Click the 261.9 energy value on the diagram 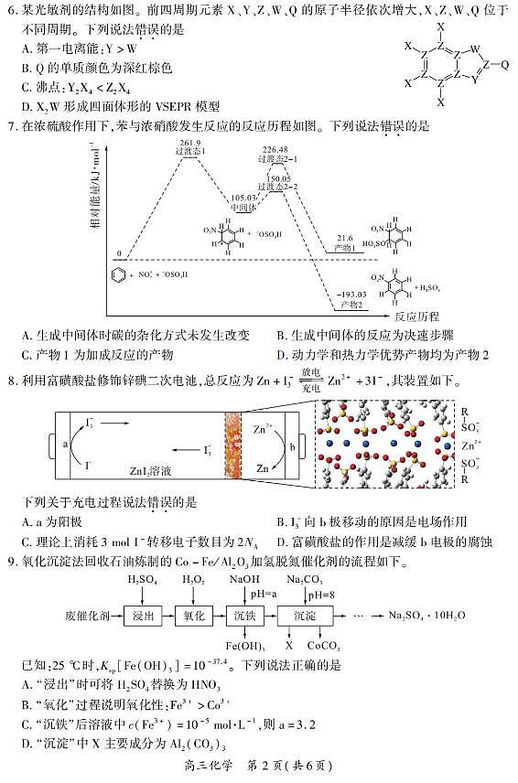[x=190, y=144]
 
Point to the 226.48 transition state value [x=274, y=148]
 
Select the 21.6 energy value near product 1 [x=344, y=236]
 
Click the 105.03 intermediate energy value [x=243, y=197]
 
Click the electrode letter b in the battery [x=292, y=445]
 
